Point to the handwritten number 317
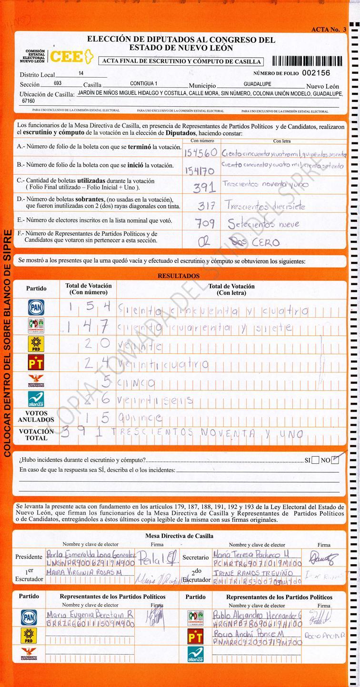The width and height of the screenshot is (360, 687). pos(206,206)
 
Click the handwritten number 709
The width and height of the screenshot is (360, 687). pos(205,223)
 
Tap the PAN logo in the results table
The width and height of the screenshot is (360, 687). pos(36,308)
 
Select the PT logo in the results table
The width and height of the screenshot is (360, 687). pos(36,363)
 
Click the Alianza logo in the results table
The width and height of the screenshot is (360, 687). pos(36,399)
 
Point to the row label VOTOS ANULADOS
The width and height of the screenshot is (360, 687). pos(36,417)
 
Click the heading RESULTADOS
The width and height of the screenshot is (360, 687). pos(179,276)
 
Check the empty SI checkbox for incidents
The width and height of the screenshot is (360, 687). pos(316,460)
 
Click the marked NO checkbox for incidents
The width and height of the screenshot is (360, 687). pos(335,460)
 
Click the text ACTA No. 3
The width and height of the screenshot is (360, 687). pos(329,30)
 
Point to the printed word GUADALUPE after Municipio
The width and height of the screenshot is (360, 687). pos(257,84)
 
